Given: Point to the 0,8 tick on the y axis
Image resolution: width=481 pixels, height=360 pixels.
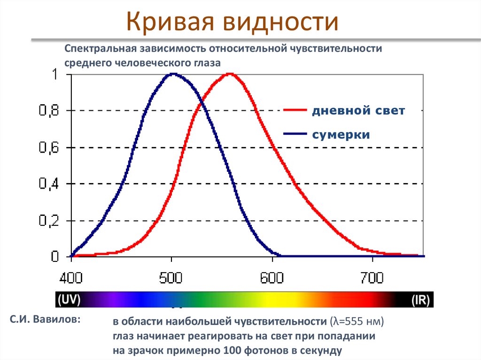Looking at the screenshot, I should (48, 111).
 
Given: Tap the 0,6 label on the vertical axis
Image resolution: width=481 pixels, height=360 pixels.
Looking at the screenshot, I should (48, 148).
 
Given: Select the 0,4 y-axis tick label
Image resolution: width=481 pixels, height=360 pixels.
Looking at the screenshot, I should (48, 184).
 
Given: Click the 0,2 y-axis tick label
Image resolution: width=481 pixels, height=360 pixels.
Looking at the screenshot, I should (48, 221).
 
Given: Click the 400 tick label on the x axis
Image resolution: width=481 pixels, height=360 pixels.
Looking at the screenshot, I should (71, 278).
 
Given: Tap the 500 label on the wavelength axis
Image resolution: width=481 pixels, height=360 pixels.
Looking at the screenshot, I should (172, 278).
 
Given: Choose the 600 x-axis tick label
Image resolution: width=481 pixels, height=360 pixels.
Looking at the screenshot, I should (272, 278).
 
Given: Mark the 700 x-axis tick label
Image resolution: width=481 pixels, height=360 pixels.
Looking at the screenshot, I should (373, 278).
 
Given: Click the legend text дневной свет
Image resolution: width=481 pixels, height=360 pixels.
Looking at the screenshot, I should (358, 111).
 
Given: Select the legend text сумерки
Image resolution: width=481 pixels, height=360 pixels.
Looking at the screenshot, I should (341, 135).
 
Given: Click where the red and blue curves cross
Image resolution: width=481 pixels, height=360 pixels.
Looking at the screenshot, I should (201, 102).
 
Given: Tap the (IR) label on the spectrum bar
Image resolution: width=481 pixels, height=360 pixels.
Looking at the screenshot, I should (421, 299).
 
